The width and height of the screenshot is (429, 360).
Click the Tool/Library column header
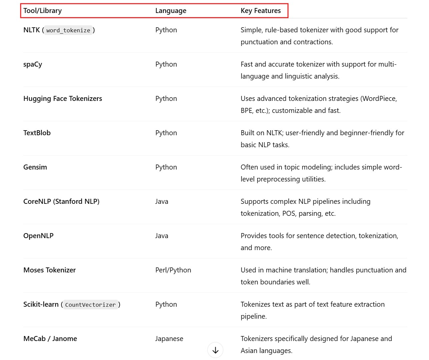42,11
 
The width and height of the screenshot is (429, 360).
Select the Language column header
171,11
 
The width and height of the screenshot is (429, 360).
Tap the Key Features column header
261,11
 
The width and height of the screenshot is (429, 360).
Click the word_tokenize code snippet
68,30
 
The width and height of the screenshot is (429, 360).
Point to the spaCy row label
33,64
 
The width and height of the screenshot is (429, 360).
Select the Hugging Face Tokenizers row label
63,99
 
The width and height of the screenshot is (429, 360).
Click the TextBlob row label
37,133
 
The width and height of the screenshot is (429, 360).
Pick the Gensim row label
35,167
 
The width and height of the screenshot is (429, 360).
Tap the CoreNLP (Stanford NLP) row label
61,201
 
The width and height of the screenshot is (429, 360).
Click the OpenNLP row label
38,236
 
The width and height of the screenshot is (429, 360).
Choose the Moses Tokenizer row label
50,270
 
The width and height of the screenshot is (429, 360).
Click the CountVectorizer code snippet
90,305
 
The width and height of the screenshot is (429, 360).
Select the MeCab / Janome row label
50,339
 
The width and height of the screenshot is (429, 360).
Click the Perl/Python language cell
173,270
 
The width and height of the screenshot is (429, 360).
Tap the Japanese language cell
169,339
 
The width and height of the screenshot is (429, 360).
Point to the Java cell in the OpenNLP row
162,236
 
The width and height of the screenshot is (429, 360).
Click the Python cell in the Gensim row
166,167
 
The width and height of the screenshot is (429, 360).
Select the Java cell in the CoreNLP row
162,201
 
